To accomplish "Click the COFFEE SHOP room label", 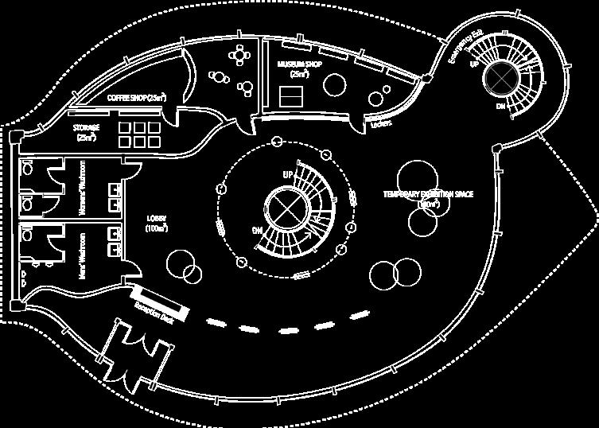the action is pos(138,97).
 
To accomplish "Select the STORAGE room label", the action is pos(86,131).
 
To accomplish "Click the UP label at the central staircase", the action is pos(288,173).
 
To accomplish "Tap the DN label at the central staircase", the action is pos(257,230).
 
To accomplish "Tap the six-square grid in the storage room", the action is pos(138,134).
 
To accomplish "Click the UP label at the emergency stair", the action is pos(473,64).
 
